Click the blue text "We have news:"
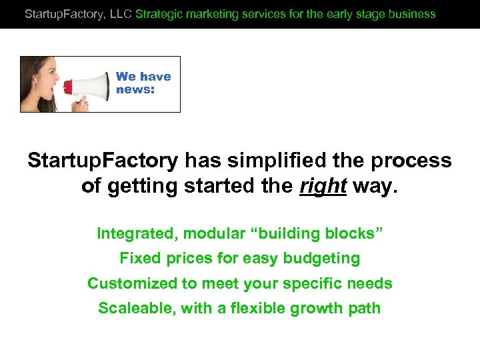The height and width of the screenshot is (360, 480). pyautogui.click(x=143, y=83)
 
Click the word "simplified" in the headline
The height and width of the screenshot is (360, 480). pyautogui.click(x=267, y=161)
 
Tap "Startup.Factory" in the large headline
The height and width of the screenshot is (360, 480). pyautogui.click(x=103, y=161)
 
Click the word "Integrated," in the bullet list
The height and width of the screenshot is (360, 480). pyautogui.click(x=137, y=233)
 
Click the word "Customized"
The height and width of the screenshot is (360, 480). pyautogui.click(x=131, y=283)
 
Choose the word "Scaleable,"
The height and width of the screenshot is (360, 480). pyautogui.click(x=136, y=308)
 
